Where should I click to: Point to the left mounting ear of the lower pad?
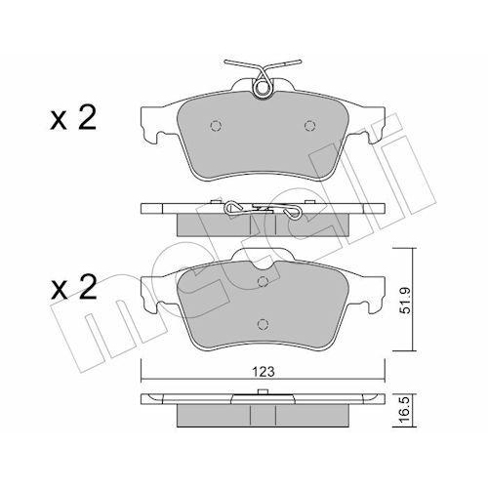click(x=152, y=289)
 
